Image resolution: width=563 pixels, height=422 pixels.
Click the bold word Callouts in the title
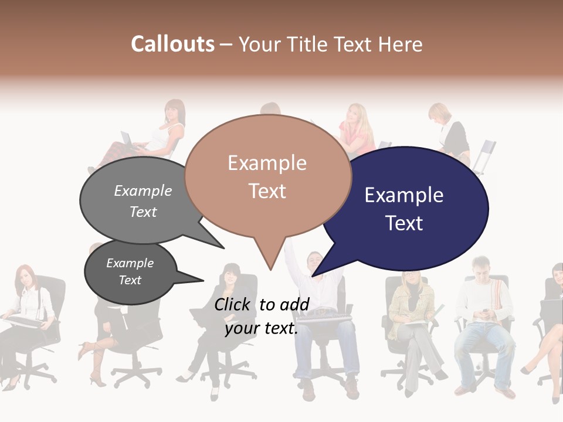coord(172,44)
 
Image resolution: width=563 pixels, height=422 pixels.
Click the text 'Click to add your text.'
coord(261,316)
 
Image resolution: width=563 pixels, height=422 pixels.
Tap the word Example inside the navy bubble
coord(403,195)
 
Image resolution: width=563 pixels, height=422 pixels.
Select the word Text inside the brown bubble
coord(267,191)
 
